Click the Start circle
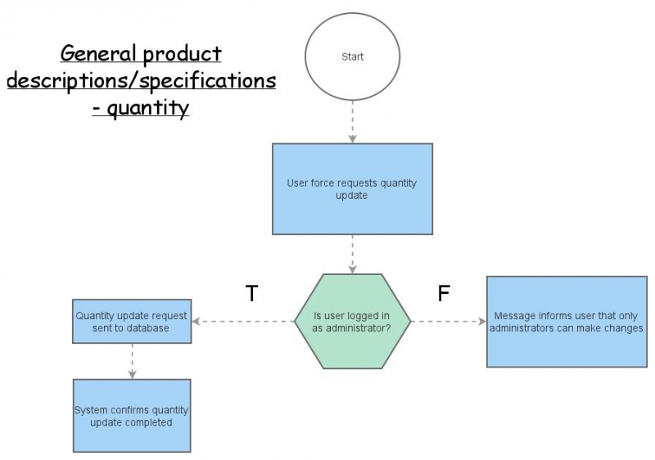coord(352,56)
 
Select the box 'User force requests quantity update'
coord(352,189)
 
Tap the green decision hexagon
coord(352,322)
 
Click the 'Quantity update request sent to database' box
coord(132,322)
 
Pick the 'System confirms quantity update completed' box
coord(132,416)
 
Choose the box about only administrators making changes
coord(567,322)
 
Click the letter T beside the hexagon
coord(252,294)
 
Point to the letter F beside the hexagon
coord(444,294)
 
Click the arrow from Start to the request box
coord(352,121)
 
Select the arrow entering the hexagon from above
coord(352,255)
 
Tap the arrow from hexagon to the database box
coord(243,322)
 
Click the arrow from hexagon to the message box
coord(448,322)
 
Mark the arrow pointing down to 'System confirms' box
coord(132,360)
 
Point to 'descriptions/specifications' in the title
coord(141,81)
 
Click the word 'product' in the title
coord(182,55)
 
